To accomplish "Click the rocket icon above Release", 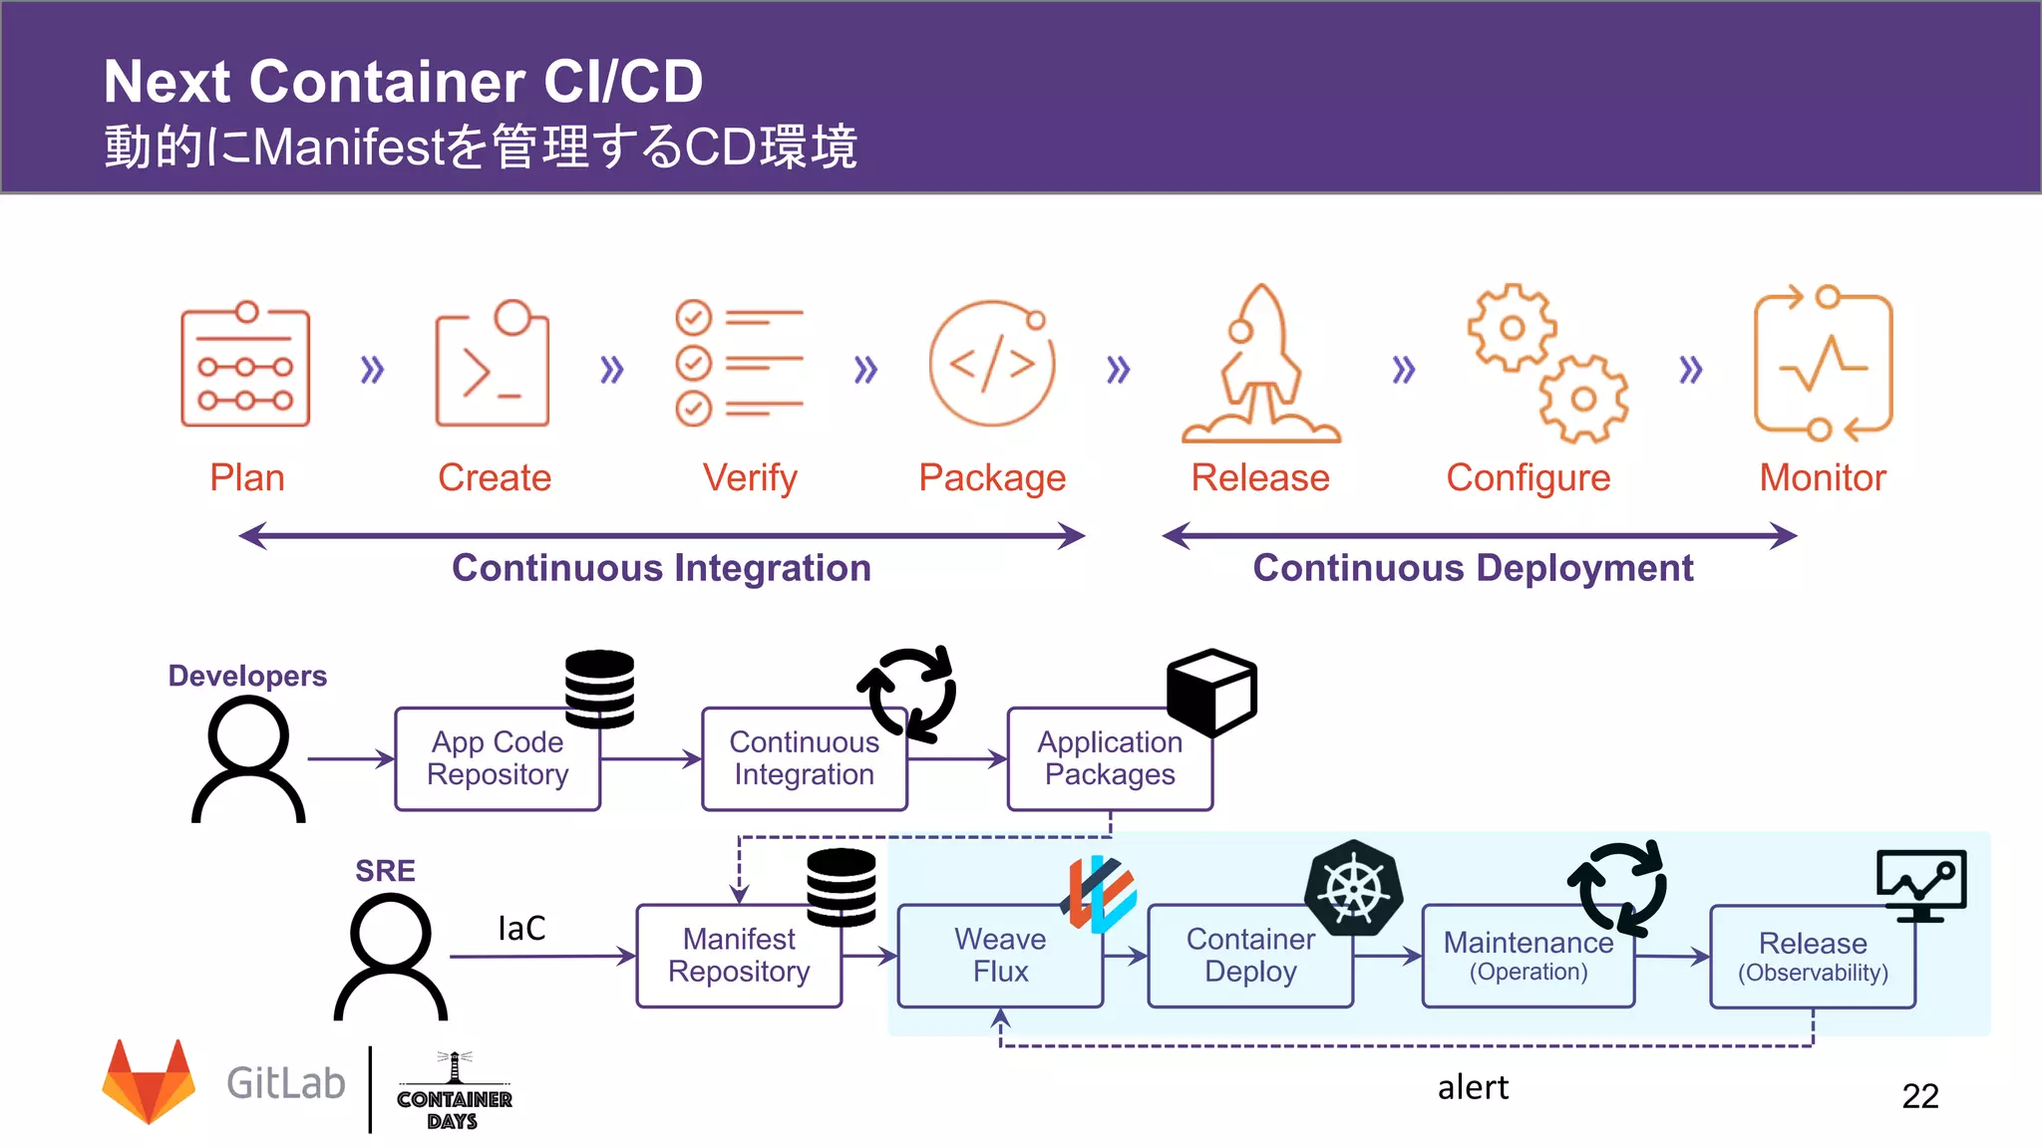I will click(x=1261, y=364).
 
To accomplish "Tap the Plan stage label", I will click(x=247, y=478).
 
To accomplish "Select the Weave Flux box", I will click(x=999, y=956).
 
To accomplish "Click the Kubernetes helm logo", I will click(x=1354, y=888).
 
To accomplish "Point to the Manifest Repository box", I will click(x=739, y=956).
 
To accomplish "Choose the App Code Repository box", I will click(x=498, y=758).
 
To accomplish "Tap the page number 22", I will click(x=1919, y=1096).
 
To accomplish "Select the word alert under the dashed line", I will click(x=1473, y=1087).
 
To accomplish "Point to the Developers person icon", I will click(x=248, y=758).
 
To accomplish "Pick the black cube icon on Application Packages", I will click(x=1211, y=692).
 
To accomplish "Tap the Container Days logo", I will click(x=454, y=1092).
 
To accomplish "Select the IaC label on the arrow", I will click(x=521, y=929).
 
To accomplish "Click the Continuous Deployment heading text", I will click(x=1473, y=568).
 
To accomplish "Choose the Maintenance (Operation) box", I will click(x=1528, y=956).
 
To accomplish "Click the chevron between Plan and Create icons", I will click(x=372, y=370).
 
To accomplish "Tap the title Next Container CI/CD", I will click(x=403, y=81).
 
